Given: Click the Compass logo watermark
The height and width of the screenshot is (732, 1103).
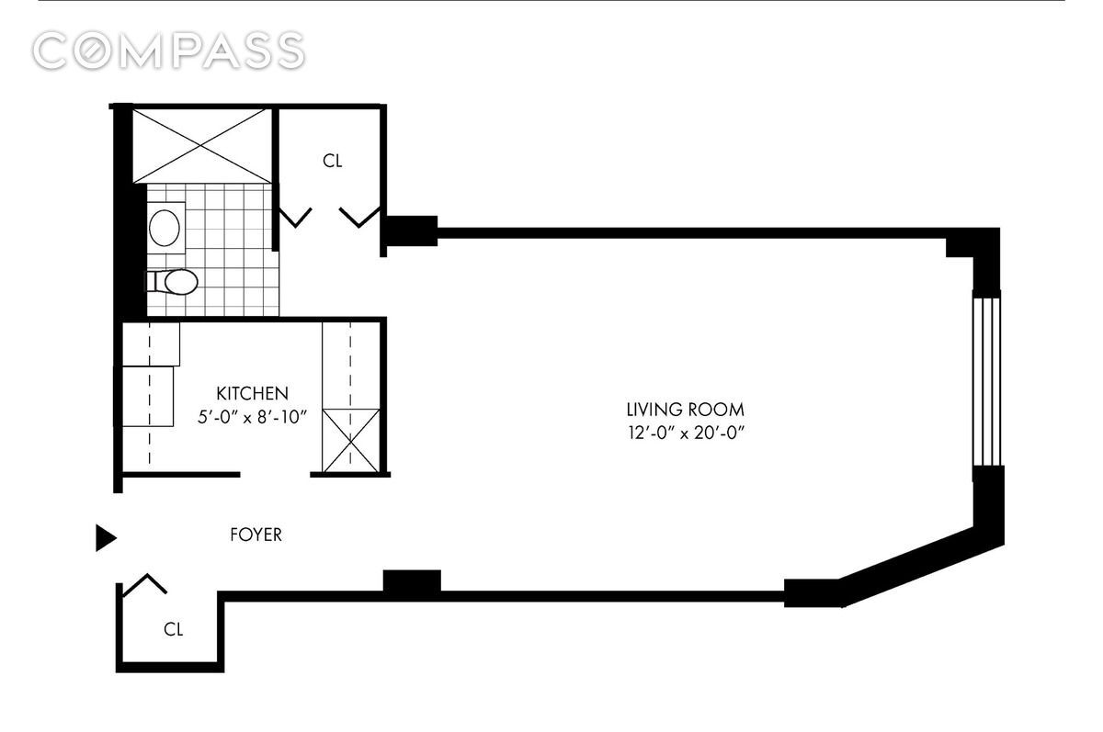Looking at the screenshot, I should coord(168,51).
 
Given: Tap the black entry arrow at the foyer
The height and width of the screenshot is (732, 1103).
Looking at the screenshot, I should coord(106,537).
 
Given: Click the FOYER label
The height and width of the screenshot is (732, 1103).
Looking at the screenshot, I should coord(256,535).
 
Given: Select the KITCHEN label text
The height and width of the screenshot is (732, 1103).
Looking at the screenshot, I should coord(253,393).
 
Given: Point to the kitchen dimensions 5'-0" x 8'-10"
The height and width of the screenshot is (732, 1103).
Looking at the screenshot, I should coord(253,416).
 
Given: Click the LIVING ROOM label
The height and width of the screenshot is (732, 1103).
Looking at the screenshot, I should coord(685,410).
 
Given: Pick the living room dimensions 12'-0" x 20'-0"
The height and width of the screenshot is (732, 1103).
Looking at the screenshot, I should coord(685,433).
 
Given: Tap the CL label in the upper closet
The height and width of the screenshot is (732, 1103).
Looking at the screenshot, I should coord(332,161).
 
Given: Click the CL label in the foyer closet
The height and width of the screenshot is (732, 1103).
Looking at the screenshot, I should coord(173,629).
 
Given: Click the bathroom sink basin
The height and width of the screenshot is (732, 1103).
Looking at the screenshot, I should coord(165,228).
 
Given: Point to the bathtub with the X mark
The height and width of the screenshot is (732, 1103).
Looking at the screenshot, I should coord(202,145).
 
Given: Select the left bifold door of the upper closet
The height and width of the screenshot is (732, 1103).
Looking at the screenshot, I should coord(294,217).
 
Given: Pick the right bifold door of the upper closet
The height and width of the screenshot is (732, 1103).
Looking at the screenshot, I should coord(360,217).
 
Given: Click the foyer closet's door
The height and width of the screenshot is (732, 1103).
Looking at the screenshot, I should coord(143,585).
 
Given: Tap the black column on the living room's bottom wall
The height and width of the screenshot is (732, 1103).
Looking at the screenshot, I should coord(411,581).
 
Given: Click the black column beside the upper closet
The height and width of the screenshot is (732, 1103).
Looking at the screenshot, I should coord(410,230).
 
